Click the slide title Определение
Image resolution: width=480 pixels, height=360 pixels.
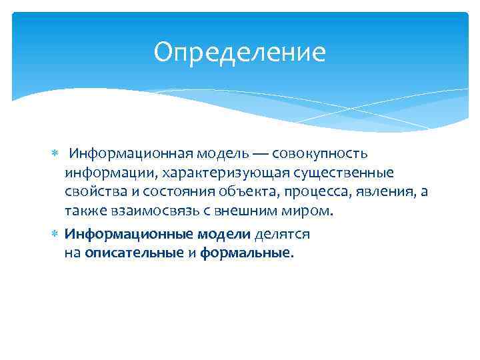[x=239, y=53]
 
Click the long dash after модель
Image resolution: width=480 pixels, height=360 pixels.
[x=261, y=154]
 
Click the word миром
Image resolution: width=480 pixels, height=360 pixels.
[x=307, y=211]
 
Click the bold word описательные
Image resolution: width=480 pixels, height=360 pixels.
[x=134, y=253]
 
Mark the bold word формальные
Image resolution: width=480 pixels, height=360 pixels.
[x=244, y=253]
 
